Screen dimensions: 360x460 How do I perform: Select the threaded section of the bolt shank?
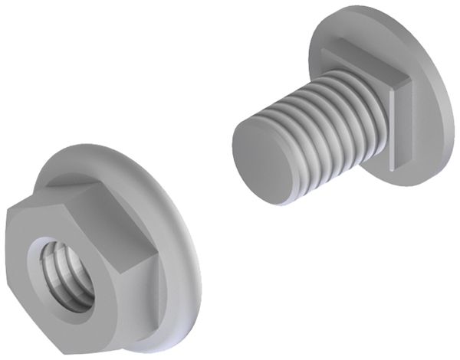(330, 123)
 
